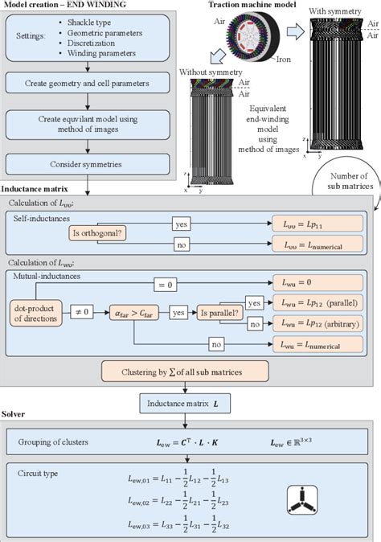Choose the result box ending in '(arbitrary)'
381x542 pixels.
314,322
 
